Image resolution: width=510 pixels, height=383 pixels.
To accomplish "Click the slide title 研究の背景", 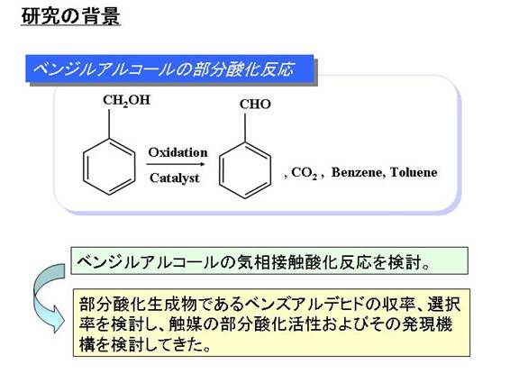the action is pyautogui.click(x=71, y=16).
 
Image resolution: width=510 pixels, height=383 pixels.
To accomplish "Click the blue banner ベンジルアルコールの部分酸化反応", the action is pyautogui.click(x=169, y=69).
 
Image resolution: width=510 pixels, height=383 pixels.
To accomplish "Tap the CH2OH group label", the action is pyautogui.click(x=126, y=100).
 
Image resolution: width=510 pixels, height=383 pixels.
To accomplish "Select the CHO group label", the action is pyautogui.click(x=255, y=105).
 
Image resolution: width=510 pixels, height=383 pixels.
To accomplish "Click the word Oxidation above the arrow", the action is pyautogui.click(x=178, y=152).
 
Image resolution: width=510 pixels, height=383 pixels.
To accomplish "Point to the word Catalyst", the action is pyautogui.click(x=174, y=178).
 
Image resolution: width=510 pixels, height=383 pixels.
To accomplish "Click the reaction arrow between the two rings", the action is pyautogui.click(x=176, y=164).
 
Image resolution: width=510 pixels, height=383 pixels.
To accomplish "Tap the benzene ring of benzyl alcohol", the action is pyautogui.click(x=109, y=167).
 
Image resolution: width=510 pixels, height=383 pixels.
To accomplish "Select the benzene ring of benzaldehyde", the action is pyautogui.click(x=245, y=170).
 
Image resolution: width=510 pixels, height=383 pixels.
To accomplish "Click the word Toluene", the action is pyautogui.click(x=414, y=172).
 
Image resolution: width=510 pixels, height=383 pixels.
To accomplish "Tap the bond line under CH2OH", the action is pyautogui.click(x=109, y=124).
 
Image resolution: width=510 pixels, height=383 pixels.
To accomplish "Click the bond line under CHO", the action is pyautogui.click(x=245, y=128).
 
